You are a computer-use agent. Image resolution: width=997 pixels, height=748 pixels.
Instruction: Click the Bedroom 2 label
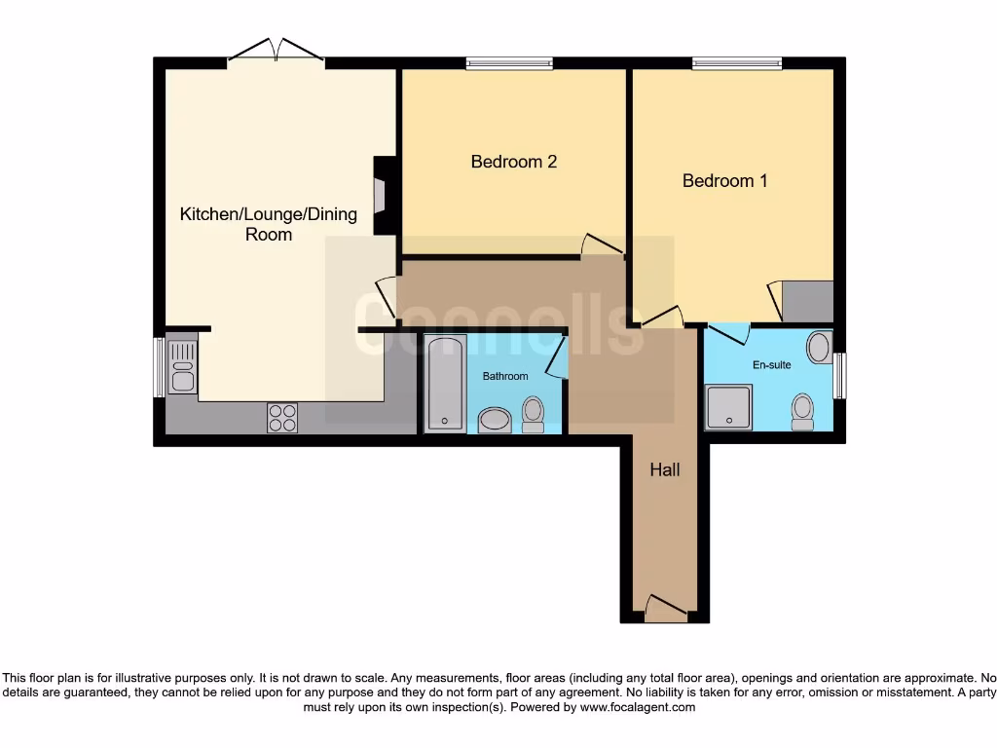[513, 162]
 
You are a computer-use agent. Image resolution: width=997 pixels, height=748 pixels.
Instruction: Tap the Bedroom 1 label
[724, 180]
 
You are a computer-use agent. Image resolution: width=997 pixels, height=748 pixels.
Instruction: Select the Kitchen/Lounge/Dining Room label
[269, 224]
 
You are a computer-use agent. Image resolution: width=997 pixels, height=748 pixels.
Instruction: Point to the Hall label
[665, 469]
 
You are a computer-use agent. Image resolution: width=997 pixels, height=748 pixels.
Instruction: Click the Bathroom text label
[505, 376]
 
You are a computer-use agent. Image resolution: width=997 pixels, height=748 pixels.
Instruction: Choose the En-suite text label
[772, 365]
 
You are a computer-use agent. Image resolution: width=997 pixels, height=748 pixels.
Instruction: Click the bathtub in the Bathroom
[446, 382]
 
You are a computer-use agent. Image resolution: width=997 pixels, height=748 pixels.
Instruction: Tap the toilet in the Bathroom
[533, 413]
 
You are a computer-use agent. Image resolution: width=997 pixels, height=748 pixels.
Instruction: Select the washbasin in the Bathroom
[495, 421]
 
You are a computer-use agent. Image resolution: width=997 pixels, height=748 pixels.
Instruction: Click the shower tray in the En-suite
[727, 406]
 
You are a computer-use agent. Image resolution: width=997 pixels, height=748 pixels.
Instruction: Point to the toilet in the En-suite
[802, 410]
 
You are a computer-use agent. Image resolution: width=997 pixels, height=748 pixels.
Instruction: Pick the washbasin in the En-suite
[819, 347]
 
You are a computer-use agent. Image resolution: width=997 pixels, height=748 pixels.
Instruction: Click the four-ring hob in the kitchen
[282, 417]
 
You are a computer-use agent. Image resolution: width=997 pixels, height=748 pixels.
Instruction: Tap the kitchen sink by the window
[182, 364]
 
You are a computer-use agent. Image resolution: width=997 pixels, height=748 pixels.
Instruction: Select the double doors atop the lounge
[277, 53]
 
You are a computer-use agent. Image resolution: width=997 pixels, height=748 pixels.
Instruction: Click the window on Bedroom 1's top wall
[736, 64]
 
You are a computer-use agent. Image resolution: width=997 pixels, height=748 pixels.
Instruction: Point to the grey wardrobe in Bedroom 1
[807, 302]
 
